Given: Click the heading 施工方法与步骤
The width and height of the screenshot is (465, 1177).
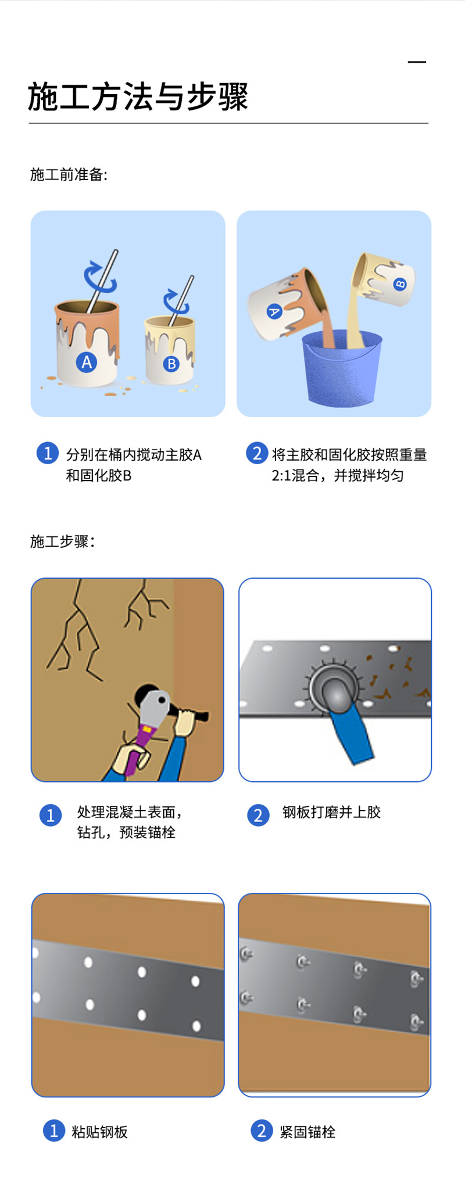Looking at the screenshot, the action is coord(138,96).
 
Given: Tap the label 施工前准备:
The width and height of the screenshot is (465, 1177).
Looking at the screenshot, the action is coord(69,174).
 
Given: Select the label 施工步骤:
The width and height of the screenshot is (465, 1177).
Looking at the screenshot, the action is coord(62,541).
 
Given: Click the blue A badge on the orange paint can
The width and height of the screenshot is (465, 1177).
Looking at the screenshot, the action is coord(87,362).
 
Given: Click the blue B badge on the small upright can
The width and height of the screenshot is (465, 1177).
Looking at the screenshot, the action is coord(171,364).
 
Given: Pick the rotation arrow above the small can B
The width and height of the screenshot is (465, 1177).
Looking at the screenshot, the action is coord(176,300).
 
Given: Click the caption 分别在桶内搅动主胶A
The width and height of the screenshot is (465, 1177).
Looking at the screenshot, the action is coord(134,455).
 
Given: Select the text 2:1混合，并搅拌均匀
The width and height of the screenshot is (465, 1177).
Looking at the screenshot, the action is coord(338,476).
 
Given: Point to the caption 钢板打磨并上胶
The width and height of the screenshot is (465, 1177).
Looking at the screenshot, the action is coord(331,812).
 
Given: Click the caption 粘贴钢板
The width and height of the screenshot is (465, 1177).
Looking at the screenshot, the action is coord(99,1132).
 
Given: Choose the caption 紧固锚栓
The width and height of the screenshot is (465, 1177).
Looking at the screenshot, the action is coord(307,1132).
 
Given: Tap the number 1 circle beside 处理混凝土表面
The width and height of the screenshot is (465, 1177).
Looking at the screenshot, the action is coord(51,815).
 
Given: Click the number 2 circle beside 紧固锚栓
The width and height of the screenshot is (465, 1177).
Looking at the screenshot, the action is coord(262,1131).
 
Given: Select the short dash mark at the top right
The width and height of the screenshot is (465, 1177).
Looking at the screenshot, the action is coord(417,62).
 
